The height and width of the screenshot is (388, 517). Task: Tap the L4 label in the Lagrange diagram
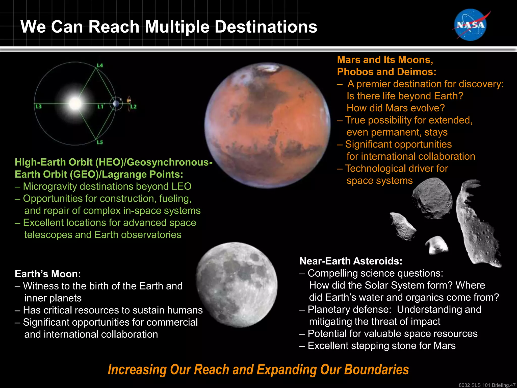[x=100, y=65]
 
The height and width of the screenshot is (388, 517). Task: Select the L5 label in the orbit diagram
[x=100, y=142]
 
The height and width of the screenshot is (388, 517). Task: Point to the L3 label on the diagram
[x=38, y=106]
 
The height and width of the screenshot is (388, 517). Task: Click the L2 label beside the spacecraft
[x=134, y=107]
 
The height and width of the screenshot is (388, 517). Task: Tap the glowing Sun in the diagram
[x=75, y=103]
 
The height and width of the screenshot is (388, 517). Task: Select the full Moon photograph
[x=237, y=285]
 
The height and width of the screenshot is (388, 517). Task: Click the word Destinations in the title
[x=266, y=27]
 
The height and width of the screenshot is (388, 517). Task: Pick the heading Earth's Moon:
[x=48, y=274]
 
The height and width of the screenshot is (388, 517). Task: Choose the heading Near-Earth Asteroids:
[x=351, y=261]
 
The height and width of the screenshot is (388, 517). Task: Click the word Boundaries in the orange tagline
[x=376, y=370]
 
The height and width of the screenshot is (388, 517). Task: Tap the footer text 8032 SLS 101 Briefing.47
[x=487, y=385]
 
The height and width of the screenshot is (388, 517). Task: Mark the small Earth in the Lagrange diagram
[x=116, y=104]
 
